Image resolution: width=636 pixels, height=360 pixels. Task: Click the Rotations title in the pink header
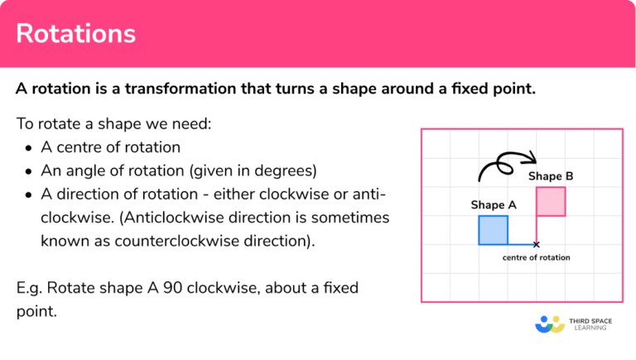coord(75,34)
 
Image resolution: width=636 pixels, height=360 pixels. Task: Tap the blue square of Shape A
coord(493,230)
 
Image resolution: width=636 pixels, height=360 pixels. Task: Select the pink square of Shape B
coord(551,201)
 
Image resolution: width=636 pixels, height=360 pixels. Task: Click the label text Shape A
coord(494,204)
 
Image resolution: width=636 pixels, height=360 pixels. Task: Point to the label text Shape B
coord(551,175)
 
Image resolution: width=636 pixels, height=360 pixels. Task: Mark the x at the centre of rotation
coord(536,244)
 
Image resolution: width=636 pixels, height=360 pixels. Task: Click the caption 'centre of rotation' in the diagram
coord(536,257)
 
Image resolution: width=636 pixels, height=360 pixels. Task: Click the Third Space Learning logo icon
coord(549,324)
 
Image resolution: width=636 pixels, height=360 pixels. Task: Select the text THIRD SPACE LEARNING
coord(590,324)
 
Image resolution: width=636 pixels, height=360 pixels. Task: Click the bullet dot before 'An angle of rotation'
coord(30,172)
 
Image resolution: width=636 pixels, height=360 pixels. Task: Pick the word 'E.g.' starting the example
coord(30,289)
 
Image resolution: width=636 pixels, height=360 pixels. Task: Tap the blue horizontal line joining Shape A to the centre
coord(521,244)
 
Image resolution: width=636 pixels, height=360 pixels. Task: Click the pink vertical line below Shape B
coord(537,229)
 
